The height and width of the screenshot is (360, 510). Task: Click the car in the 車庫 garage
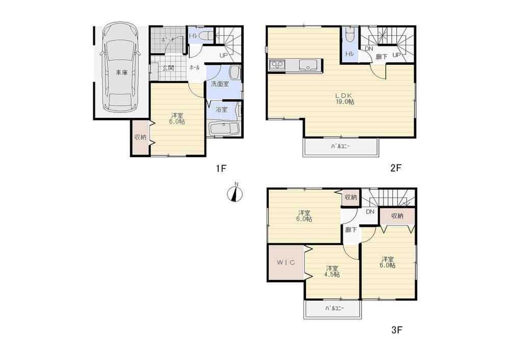[x=119, y=69]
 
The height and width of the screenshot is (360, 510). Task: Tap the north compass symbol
[x=235, y=193]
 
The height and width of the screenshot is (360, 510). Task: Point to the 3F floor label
[x=397, y=330]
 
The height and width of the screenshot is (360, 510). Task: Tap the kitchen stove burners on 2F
[x=277, y=65]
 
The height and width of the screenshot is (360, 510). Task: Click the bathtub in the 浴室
[x=224, y=128]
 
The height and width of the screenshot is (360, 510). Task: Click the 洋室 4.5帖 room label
[x=333, y=271]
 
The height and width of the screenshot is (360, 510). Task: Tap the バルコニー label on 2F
[x=341, y=146]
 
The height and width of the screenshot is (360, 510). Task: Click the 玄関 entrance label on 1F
[x=168, y=68]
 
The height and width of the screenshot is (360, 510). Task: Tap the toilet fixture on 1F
[x=205, y=37]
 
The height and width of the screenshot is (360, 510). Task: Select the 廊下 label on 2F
[x=381, y=57]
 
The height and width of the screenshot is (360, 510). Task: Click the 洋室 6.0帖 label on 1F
[x=177, y=118]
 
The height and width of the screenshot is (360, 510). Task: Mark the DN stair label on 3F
[x=370, y=212]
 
